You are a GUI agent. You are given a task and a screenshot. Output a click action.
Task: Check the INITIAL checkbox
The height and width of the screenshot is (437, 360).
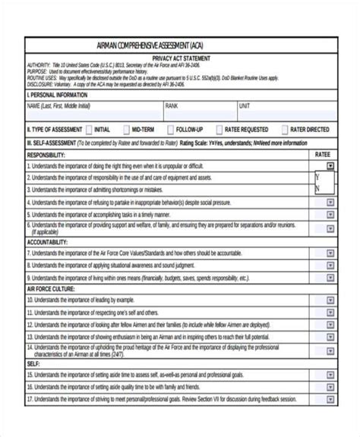pos(90,130)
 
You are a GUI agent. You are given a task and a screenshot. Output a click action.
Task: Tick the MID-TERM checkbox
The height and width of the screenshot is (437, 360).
pos(125,130)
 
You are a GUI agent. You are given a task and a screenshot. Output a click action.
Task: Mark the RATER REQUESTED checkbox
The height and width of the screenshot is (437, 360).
pos(219,130)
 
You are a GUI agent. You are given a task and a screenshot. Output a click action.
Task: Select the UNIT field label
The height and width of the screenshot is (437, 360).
pos(244,106)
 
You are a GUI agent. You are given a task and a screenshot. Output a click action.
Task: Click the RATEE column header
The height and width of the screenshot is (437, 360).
pos(322,154)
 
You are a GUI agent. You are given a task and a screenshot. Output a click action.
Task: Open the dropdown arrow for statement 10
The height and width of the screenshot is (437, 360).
pos(330,300)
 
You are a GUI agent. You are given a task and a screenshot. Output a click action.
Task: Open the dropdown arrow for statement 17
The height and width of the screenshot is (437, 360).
pos(330,398)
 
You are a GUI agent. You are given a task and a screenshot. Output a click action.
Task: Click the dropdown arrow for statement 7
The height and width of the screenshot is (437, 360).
pos(330,253)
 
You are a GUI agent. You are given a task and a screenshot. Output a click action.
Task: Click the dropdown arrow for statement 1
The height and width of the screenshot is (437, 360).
pos(330,165)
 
